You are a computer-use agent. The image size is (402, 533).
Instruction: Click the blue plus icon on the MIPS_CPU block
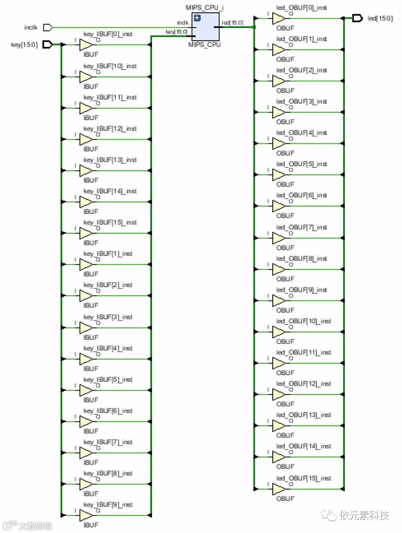(x=197, y=18)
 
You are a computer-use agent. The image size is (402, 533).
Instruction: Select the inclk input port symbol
(x=47, y=28)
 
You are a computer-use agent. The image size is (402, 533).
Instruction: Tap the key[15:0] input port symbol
(x=47, y=45)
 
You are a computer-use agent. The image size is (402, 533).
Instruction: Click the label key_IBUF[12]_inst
(x=110, y=129)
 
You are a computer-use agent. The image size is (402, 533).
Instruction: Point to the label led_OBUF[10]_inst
(x=303, y=321)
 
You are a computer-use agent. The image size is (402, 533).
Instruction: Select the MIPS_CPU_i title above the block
(x=204, y=8)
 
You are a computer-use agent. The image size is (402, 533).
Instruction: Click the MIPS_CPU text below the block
(x=204, y=45)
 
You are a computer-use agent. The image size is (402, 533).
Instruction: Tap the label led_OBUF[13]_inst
(x=303, y=415)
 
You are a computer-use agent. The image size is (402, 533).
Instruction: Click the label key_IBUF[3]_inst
(x=108, y=317)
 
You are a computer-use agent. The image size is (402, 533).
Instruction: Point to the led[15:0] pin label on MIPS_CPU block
(x=232, y=23)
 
